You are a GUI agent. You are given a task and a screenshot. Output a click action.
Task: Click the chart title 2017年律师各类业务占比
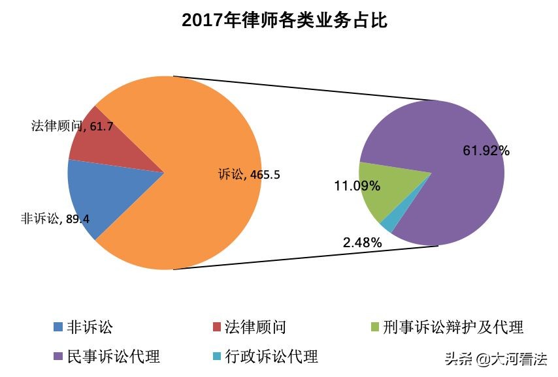coord(285,21)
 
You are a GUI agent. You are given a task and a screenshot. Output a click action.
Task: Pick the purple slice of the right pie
coord(451,196)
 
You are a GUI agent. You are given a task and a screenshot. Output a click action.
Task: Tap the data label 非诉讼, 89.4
coord(55,219)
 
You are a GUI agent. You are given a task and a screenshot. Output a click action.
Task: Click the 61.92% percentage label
coord(486,151)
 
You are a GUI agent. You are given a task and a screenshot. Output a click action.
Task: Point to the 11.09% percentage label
coord(357,187)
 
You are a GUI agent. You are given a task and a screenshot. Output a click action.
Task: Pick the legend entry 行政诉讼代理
coord(271,357)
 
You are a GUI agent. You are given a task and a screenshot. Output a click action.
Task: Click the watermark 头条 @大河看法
coord(495,359)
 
